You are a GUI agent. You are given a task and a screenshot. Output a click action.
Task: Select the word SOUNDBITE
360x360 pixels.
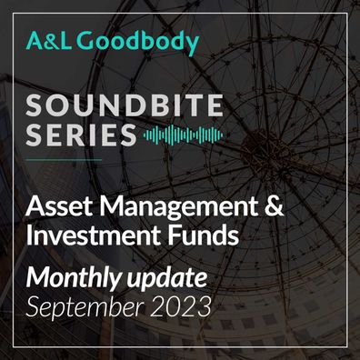point(125,105)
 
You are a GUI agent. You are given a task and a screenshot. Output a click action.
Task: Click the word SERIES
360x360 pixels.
point(81,135)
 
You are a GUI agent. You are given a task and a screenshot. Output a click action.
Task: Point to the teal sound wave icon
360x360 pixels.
point(183,135)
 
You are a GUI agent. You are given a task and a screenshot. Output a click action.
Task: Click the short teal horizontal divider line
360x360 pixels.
point(64,159)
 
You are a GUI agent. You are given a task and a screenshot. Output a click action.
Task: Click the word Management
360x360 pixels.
point(176,208)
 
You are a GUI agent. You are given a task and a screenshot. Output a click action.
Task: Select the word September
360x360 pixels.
point(85,307)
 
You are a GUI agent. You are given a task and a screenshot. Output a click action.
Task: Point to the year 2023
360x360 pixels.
point(180,306)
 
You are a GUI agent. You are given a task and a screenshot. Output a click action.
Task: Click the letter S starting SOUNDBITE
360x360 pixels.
point(35,105)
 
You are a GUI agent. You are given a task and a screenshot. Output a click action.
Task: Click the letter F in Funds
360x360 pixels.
point(175,235)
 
